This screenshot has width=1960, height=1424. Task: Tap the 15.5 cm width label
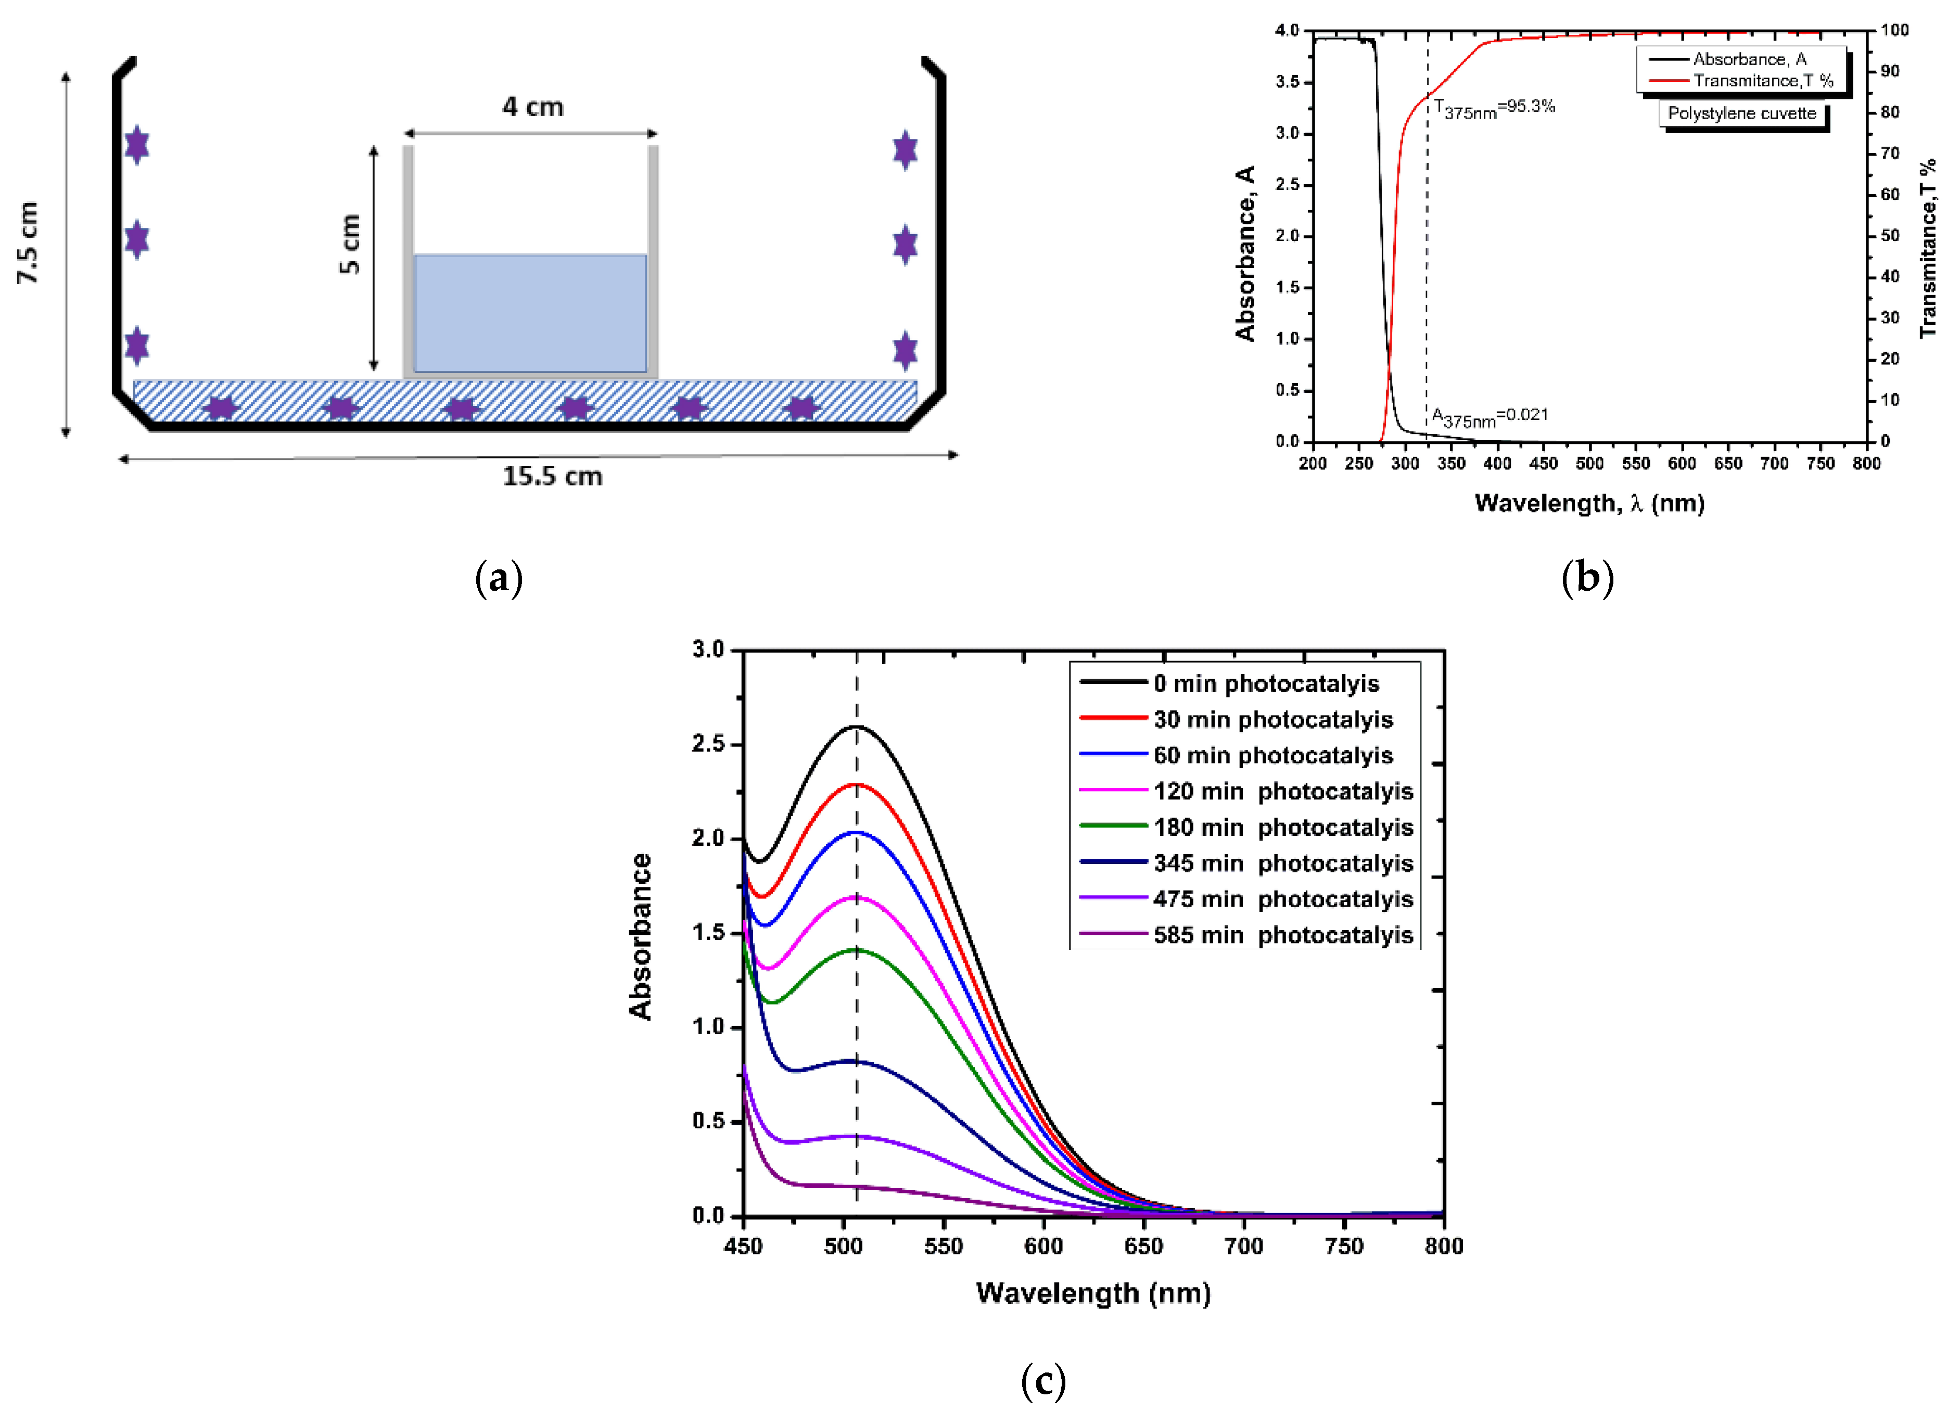[552, 476]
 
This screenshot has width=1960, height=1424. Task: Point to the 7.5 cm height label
[29, 243]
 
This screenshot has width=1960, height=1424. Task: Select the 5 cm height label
[349, 245]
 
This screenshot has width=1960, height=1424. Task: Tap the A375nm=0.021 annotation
[1490, 416]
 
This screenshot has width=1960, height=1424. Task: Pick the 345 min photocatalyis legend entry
[1282, 863]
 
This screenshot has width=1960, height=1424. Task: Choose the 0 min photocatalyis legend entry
[1265, 683]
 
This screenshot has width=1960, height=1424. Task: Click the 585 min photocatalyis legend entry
[1282, 935]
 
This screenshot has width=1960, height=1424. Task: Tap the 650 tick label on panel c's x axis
[1143, 1246]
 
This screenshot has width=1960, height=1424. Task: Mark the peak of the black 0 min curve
[857, 726]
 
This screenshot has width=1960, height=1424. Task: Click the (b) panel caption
[1587, 577]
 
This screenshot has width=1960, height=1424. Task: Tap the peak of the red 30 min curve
[857, 784]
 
